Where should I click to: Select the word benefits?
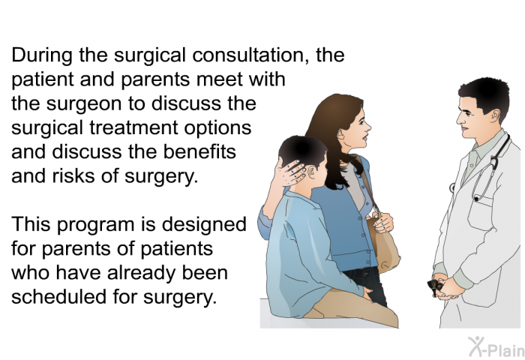coord(199,151)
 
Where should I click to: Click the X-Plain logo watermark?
coord(496,347)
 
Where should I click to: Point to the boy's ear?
coord(312,172)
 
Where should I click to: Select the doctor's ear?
coord(495,115)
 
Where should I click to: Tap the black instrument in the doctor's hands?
coord(435,286)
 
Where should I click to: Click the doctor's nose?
coord(459,120)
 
